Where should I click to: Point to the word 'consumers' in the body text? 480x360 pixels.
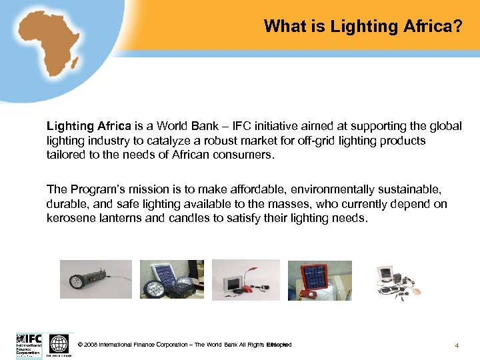[x=244, y=155]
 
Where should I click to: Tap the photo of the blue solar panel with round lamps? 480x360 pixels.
[x=171, y=279]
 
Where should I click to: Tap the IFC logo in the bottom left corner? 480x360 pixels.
[x=29, y=343]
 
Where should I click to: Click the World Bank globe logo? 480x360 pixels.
[x=59, y=344]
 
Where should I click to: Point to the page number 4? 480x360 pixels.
[x=457, y=345]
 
